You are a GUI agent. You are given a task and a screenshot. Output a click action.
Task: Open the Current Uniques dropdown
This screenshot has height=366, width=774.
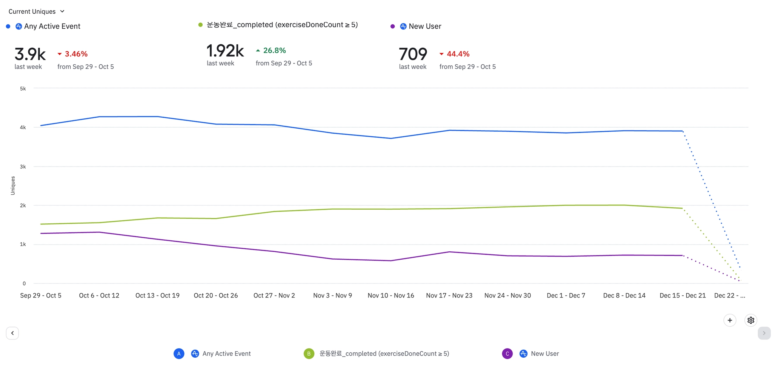(37, 11)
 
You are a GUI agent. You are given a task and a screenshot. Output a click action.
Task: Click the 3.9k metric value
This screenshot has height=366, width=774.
(30, 54)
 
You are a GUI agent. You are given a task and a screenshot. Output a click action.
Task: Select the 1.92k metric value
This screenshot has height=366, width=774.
(225, 51)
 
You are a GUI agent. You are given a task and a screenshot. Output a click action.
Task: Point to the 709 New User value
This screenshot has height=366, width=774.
(413, 54)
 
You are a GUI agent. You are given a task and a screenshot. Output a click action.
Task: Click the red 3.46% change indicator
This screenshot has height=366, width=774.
(73, 54)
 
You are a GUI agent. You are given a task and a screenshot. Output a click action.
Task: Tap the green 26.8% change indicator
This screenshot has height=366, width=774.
(271, 51)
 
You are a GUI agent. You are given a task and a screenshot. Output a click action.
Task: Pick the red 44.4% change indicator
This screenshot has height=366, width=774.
(455, 54)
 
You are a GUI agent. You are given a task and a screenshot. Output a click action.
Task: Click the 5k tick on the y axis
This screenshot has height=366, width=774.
(23, 89)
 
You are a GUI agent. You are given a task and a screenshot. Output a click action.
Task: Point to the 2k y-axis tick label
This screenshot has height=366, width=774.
(23, 206)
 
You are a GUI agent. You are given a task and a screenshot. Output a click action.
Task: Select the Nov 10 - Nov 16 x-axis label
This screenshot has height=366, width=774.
(391, 296)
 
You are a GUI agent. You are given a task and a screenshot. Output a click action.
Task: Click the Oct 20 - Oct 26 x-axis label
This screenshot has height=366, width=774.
(216, 296)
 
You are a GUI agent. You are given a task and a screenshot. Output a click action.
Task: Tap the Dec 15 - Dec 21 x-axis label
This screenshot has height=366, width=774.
(683, 296)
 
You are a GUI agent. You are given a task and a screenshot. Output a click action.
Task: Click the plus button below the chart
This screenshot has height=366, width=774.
(730, 320)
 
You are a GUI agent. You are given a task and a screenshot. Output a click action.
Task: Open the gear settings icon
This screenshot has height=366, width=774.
(751, 320)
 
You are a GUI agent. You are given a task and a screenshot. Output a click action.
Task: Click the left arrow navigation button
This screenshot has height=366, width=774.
(12, 333)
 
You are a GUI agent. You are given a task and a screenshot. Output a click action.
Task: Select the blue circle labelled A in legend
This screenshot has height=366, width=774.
(179, 354)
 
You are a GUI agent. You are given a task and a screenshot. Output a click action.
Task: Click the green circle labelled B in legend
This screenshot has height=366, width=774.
(309, 354)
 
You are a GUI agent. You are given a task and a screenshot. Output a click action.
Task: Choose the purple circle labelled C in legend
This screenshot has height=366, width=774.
(507, 354)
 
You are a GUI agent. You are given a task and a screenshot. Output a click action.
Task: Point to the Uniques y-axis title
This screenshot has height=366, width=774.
(13, 185)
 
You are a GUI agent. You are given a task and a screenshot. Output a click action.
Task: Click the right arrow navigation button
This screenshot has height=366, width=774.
(764, 333)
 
